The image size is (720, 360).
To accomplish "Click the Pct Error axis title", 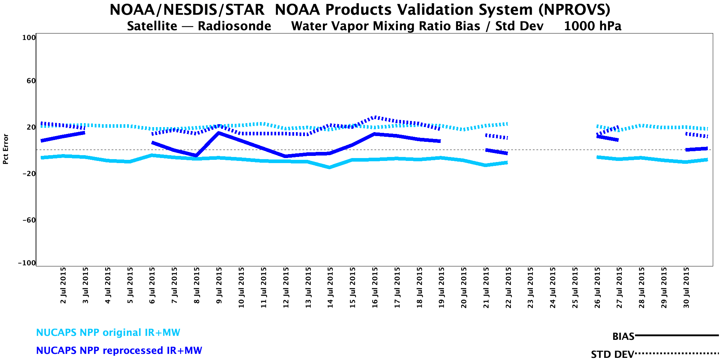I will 6,149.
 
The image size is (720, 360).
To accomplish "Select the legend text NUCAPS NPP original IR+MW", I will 108,333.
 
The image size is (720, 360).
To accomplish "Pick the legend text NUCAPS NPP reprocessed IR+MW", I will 119,351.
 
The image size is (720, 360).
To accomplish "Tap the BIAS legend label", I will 623,337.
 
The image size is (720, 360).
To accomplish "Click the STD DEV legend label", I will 612,355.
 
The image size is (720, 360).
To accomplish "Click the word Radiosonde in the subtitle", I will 234,26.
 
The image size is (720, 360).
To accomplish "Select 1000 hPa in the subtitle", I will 593,26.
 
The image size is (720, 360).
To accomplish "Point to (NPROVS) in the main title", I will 574,10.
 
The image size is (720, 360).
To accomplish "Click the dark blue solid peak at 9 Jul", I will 219,133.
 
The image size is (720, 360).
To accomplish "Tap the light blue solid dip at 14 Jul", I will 329,167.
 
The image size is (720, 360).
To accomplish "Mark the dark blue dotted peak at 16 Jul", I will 375,117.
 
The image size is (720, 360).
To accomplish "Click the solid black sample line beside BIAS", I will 677,336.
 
